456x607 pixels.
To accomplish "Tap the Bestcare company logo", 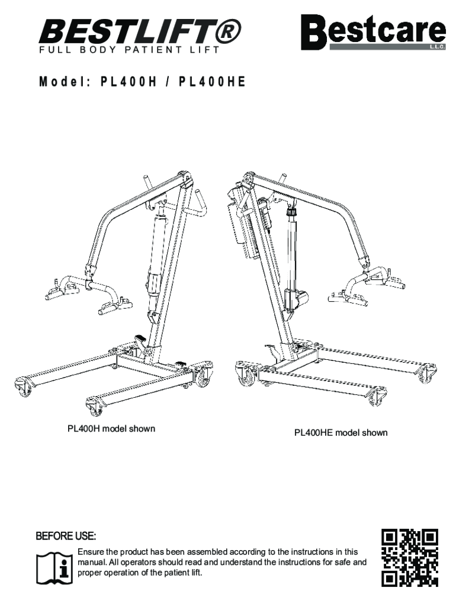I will click(x=373, y=33).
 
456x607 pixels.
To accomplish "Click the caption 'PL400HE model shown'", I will click(x=341, y=433).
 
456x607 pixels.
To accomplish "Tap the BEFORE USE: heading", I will click(x=65, y=537).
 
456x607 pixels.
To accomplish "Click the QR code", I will click(x=410, y=558).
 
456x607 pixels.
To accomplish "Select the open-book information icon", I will click(x=55, y=567).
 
